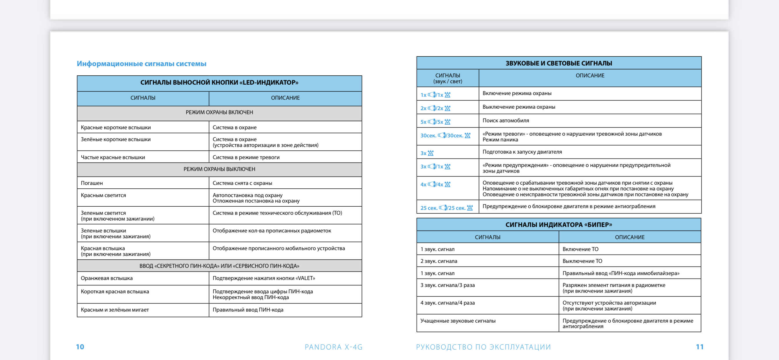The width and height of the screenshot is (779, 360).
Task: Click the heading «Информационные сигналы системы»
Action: [141, 63]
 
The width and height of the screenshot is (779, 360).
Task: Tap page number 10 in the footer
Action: [80, 347]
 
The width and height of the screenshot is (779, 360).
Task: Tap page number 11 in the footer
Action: [700, 347]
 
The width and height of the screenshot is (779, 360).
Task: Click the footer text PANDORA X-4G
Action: [333, 347]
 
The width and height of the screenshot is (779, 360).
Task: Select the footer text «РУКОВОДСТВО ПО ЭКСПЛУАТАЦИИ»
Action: [483, 347]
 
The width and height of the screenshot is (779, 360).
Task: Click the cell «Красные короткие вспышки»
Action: [116, 127]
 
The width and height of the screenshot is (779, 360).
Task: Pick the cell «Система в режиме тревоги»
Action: [246, 157]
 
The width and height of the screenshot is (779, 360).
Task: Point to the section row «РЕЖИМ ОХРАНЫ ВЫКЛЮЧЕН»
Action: [219, 169]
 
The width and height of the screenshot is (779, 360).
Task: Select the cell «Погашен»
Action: [92, 183]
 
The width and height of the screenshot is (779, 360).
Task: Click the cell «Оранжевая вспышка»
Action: [106, 278]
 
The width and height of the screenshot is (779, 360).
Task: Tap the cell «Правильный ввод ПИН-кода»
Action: [248, 310]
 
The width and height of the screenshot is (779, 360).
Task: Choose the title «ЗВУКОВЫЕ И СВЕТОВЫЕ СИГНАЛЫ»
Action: [558, 63]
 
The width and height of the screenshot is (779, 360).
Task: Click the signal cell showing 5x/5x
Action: [435, 122]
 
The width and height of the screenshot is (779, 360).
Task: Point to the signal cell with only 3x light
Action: [427, 153]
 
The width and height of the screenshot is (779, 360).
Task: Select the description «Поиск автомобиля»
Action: [506, 120]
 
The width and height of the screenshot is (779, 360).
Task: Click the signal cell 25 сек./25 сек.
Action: [446, 208]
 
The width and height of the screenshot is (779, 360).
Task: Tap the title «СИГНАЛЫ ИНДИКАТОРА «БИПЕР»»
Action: [558, 224]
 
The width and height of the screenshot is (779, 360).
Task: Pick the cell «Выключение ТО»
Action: [582, 261]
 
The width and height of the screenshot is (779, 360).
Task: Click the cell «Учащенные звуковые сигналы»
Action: [458, 321]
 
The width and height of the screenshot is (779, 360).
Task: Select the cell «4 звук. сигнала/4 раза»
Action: [447, 303]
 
